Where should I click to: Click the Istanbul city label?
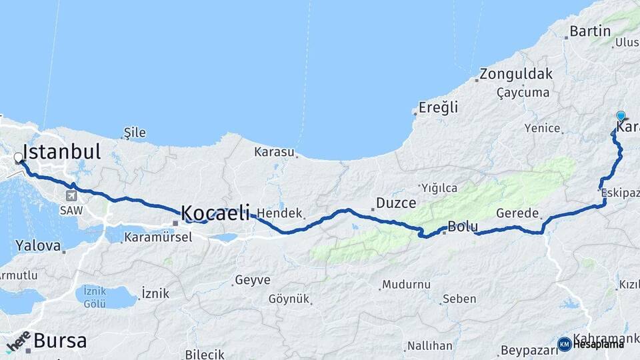pos(61,151)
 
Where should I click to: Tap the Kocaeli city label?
pos(215,212)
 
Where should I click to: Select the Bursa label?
pos(60,341)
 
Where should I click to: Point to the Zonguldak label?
pos(516,73)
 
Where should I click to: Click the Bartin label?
pos(590,31)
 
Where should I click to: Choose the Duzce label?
pos(396,203)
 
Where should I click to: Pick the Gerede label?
pos(517,213)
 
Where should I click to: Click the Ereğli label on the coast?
pos(438,107)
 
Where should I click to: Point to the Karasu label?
pos(274,152)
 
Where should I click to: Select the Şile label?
pos(135,133)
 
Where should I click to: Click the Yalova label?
pos(38,245)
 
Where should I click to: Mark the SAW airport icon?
pos(71,195)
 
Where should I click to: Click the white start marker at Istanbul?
pos(18,158)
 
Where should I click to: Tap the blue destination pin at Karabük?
pos(621,116)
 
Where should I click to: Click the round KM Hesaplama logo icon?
pos(564,344)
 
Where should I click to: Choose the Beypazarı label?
pos(523,350)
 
